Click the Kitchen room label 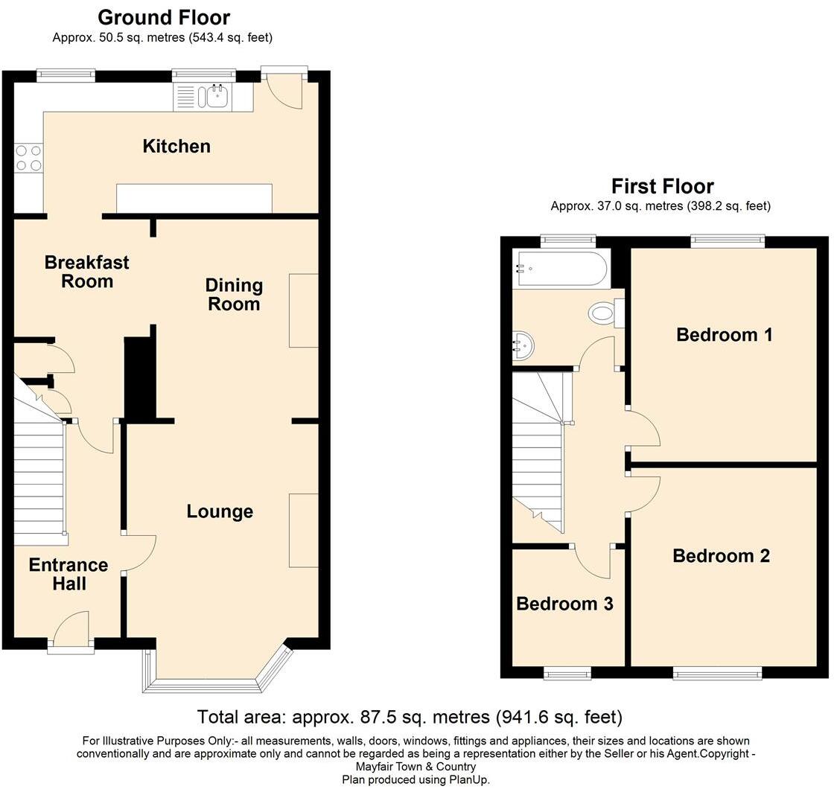point(176,146)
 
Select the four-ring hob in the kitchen point(28,157)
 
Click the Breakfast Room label point(86,272)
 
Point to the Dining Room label point(234,295)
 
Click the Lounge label point(220,511)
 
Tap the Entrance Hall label point(69,574)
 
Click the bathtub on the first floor point(561,269)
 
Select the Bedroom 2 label point(721,556)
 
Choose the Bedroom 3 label point(564,604)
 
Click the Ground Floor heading point(164,17)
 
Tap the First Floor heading point(662,186)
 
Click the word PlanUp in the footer point(468,779)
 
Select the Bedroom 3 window point(567,674)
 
